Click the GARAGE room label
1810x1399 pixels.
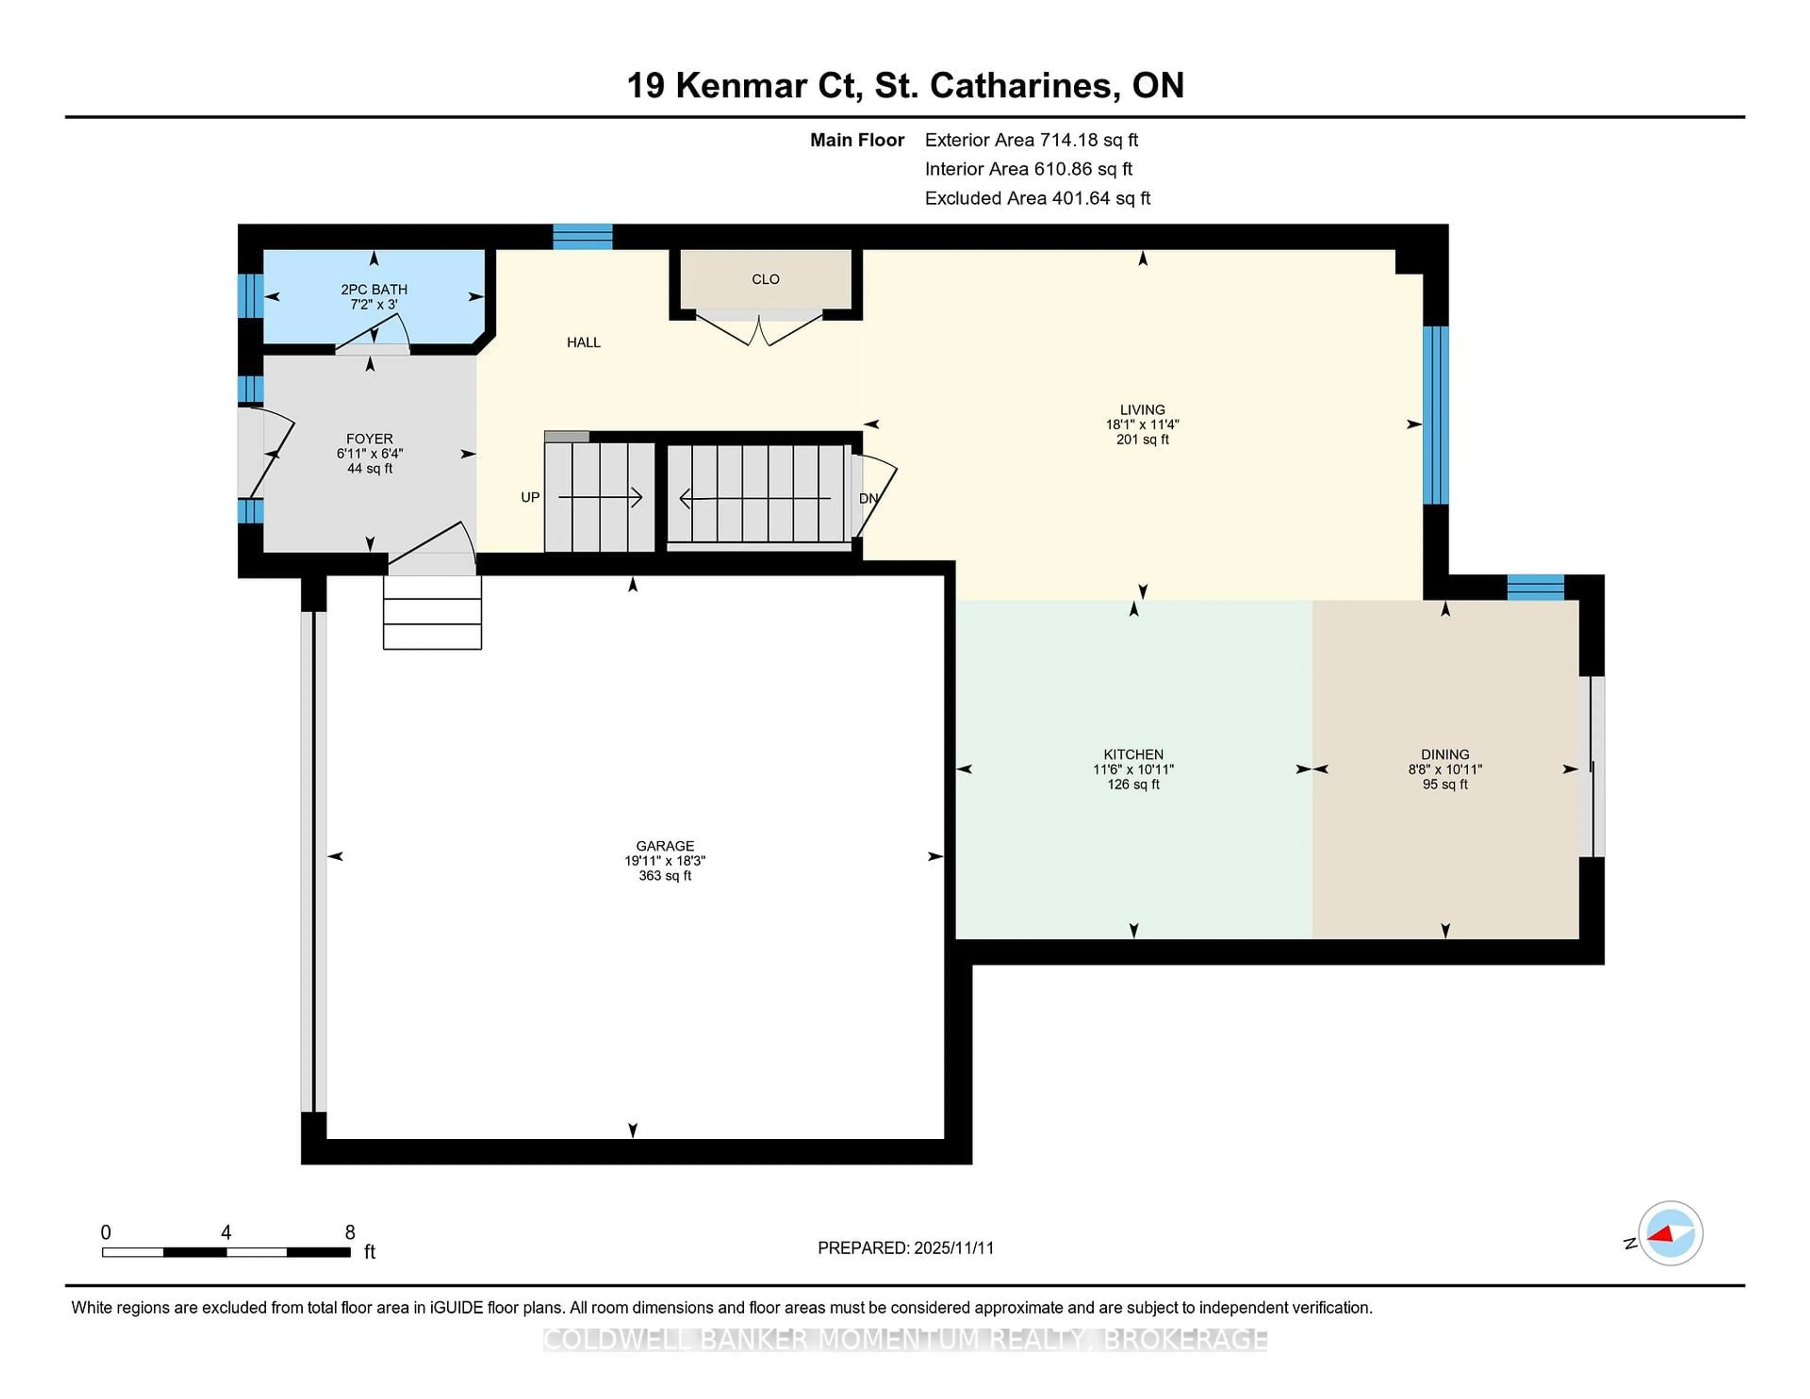(665, 845)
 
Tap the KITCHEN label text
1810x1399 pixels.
(1133, 754)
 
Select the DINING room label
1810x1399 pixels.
(1445, 754)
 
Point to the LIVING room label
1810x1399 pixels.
(1142, 410)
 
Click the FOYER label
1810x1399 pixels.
(370, 438)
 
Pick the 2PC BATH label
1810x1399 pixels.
(374, 289)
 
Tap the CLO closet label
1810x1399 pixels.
(765, 280)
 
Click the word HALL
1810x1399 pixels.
(584, 342)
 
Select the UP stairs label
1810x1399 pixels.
(530, 497)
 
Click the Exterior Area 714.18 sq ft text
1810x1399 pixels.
(1031, 140)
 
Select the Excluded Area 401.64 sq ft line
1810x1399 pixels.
(1037, 198)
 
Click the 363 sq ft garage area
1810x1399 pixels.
(665, 875)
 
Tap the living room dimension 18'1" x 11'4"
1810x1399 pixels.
(1142, 424)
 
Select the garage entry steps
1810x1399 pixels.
(432, 612)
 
